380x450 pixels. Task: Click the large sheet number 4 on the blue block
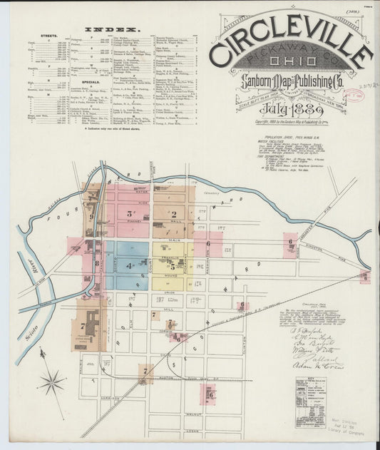[x=128, y=267]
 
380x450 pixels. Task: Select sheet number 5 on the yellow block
[x=172, y=266]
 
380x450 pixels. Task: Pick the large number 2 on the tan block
[x=173, y=213]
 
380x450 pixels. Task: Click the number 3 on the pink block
[x=130, y=213]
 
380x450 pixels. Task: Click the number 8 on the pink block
[x=97, y=263]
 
